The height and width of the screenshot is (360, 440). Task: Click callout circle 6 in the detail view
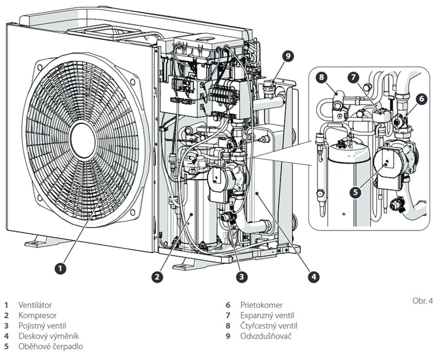click(421, 99)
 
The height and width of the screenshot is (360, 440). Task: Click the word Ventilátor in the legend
click(36, 304)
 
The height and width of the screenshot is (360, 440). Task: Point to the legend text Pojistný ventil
click(42, 325)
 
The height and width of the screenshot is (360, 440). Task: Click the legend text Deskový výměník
click(46, 336)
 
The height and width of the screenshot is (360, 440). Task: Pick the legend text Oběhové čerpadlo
click(47, 346)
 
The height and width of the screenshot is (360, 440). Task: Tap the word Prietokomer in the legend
click(259, 304)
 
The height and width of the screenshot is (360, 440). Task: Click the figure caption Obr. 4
click(421, 302)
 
